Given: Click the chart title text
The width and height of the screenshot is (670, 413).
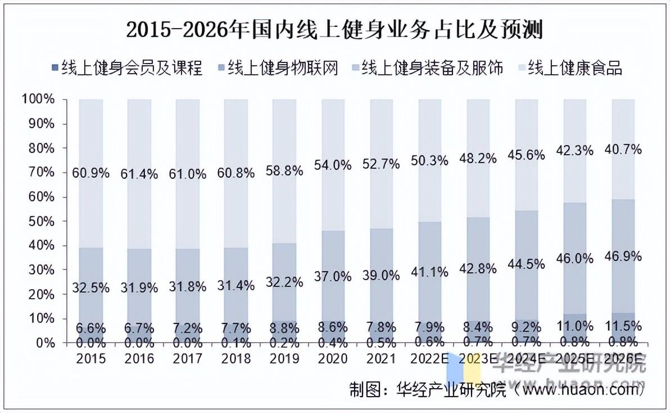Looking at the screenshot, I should tap(334, 29).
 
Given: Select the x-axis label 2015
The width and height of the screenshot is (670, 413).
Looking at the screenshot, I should tap(91, 358).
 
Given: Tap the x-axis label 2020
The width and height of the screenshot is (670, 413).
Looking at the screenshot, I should tap(333, 358).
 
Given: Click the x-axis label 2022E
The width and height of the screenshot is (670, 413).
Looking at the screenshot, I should tap(429, 358).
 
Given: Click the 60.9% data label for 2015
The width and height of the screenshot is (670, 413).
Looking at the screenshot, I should tap(91, 173).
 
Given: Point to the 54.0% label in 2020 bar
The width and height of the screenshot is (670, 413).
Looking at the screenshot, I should tap(333, 165).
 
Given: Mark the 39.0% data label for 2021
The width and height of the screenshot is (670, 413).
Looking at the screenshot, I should tap(381, 275).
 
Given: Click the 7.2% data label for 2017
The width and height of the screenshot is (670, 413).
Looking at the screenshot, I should tap(188, 327).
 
